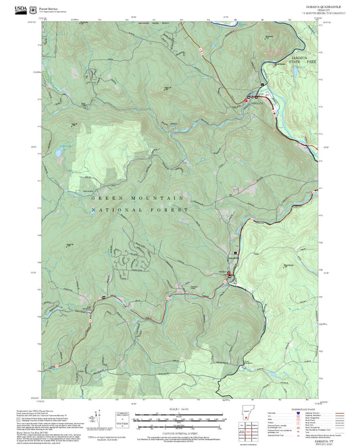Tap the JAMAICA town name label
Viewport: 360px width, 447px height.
[x=254, y=103]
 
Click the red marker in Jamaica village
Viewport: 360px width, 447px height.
[x=257, y=97]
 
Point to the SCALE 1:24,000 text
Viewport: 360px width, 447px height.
[x=180, y=409]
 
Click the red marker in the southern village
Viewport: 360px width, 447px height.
[x=229, y=273]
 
